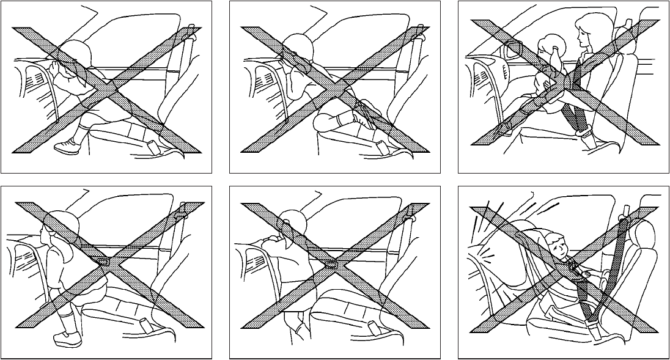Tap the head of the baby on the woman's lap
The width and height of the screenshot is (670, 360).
coord(546,48)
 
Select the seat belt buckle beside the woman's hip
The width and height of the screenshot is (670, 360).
coord(582,130)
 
